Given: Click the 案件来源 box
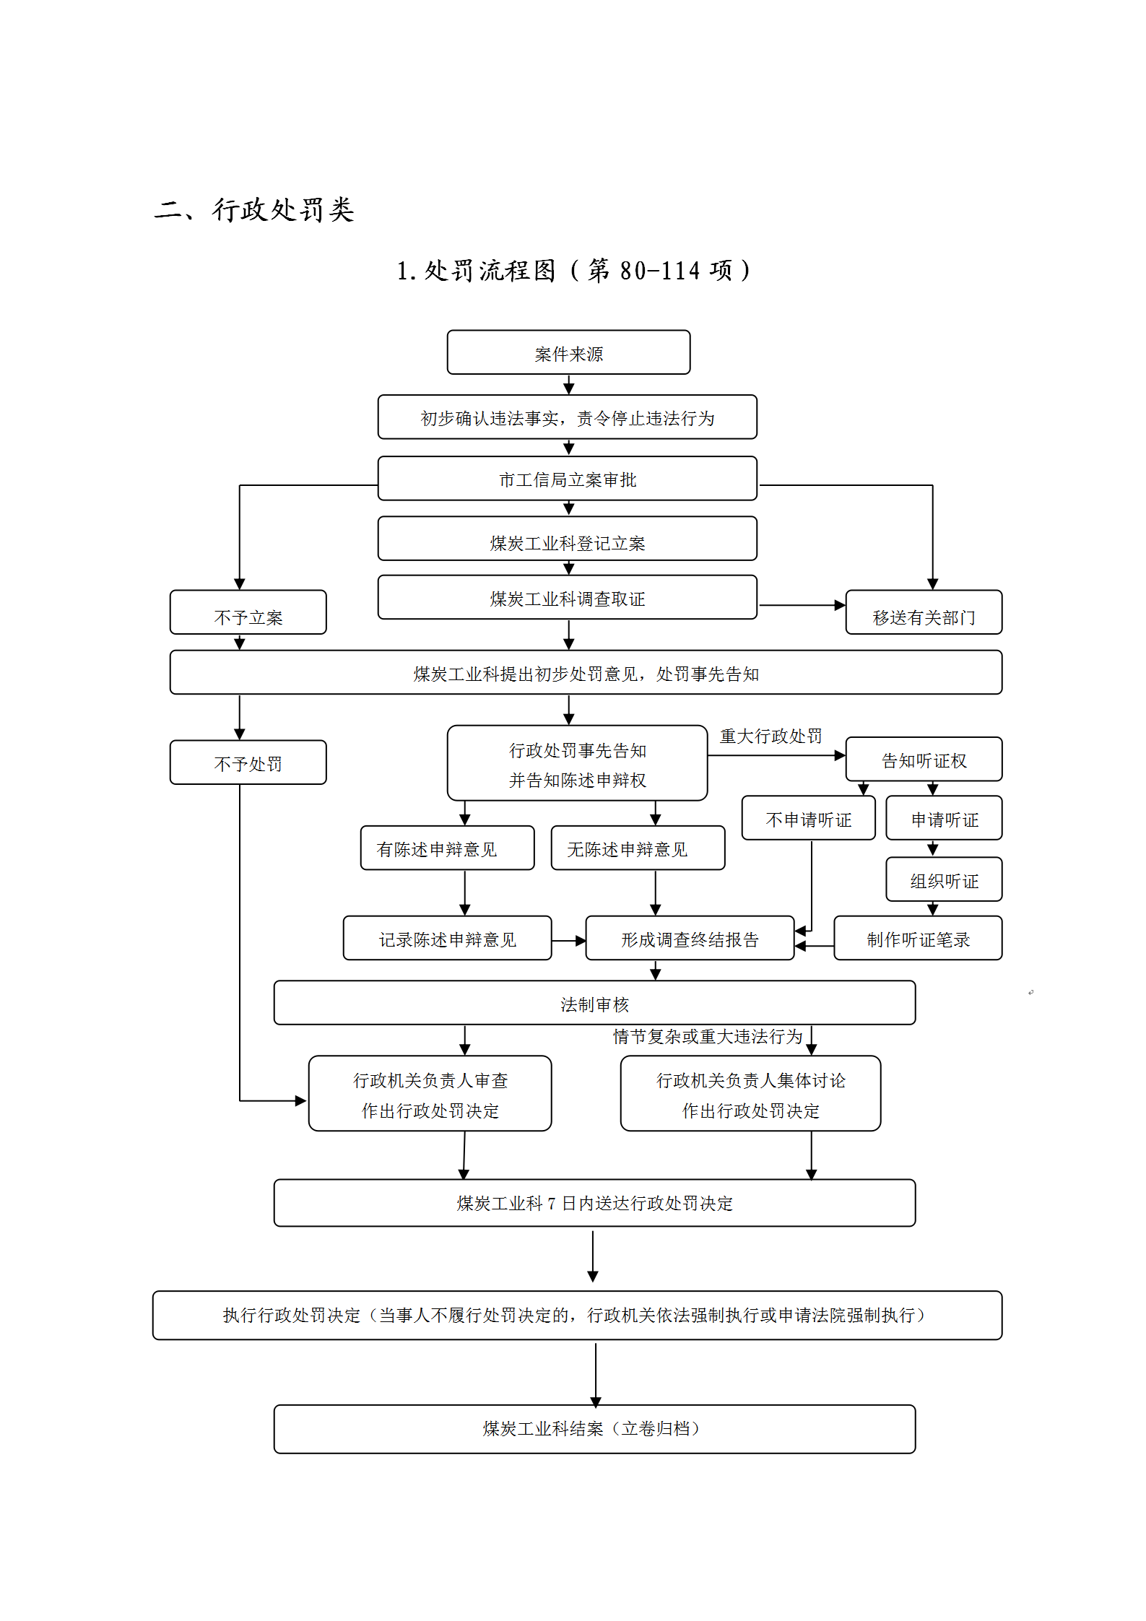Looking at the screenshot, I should pos(568,352).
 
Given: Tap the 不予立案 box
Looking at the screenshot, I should pos(248,612).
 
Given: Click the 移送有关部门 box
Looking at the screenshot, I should pos(923,612).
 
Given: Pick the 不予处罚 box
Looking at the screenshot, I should pos(248,762).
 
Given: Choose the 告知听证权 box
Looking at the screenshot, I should pos(923,760).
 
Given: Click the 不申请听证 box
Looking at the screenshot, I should pos(808,818).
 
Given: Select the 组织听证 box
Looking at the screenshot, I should pos(943,879).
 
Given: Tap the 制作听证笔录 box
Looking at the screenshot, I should pos(917,938).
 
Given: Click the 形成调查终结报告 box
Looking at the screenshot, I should pos(690,938).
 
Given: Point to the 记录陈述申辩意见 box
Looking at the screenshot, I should pos(447,938).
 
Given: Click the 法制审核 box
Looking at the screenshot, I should pos(594,1003).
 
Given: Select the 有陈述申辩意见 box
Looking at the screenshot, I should pos(447,848).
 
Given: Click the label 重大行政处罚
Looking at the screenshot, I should pos(770,736).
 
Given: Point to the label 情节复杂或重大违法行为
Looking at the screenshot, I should pos(708,1036).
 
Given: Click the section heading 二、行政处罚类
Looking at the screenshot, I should pos(254,209).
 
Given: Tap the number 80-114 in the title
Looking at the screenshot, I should pos(659,271).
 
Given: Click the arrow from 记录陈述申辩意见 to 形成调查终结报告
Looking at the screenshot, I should pos(568,941).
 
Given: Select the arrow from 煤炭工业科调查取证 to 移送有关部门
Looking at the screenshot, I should pos(801,605).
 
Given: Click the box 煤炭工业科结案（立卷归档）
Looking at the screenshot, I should pos(594,1428).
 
